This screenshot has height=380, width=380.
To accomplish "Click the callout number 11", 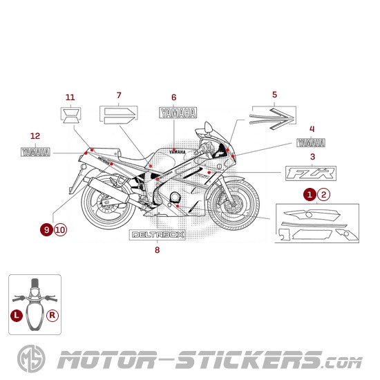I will pyautogui.click(x=70, y=97).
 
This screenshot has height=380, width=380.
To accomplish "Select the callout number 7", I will pyautogui.click(x=118, y=95).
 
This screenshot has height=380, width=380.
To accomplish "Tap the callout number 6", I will pyautogui.click(x=173, y=97).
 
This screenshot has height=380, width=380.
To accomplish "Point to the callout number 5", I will pyautogui.click(x=274, y=94).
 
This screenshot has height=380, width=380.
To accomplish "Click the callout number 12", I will pyautogui.click(x=35, y=135).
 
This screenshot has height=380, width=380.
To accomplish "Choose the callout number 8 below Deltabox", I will pyautogui.click(x=157, y=249).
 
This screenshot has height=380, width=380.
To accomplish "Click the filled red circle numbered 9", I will pyautogui.click(x=46, y=229).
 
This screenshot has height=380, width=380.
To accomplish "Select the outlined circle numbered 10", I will pyautogui.click(x=60, y=229).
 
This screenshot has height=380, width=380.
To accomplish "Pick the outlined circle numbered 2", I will pyautogui.click(x=324, y=195).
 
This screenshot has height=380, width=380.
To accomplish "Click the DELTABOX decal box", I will pyautogui.click(x=157, y=234).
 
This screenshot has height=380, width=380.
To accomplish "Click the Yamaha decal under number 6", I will pyautogui.click(x=178, y=113).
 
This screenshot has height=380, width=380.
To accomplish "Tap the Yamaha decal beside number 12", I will pyautogui.click(x=35, y=151).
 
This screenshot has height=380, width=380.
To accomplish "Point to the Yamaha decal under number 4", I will pyautogui.click(x=311, y=143).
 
